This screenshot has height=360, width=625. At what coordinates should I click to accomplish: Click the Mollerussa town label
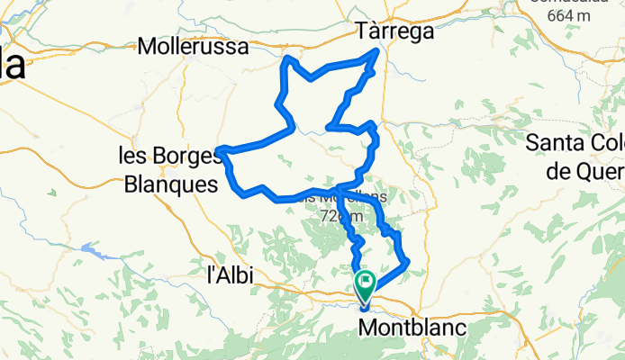click(194, 47)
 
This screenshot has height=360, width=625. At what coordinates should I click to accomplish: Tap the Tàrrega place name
click(395, 31)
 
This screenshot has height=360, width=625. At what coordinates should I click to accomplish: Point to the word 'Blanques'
click(170, 184)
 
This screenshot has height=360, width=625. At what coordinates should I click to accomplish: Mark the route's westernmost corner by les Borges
click(220, 149)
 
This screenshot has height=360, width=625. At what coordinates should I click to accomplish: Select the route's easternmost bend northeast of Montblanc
click(408, 262)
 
